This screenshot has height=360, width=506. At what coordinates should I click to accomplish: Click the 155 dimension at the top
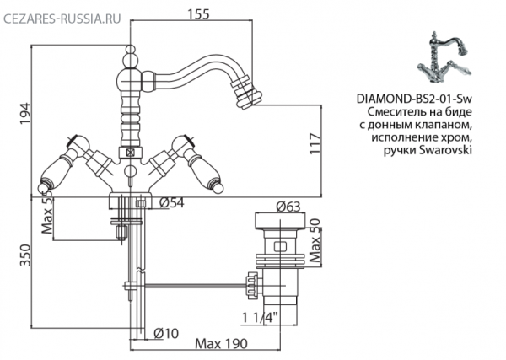click(197, 15)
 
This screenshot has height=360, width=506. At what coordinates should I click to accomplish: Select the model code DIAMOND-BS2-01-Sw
click(413, 99)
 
